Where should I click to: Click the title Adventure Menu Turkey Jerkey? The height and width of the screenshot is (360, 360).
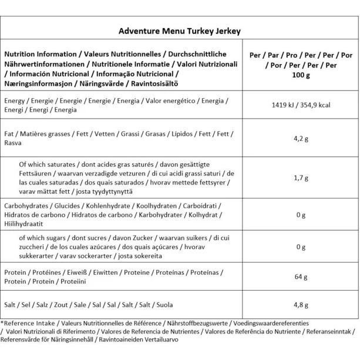pos(180,30)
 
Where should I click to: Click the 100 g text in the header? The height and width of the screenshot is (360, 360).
pos(301,75)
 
